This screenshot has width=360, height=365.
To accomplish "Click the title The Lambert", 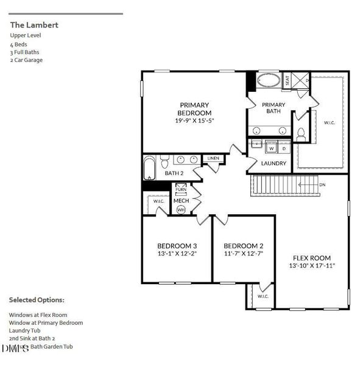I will [x=34, y=26].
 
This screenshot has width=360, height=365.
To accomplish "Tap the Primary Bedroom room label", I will [x=195, y=109].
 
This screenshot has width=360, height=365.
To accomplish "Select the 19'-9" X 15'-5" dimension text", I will [x=195, y=121].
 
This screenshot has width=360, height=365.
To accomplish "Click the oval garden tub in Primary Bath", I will [x=269, y=81].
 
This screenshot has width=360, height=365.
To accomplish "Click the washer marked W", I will [x=272, y=148].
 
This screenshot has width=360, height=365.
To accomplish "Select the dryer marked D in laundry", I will [x=283, y=148].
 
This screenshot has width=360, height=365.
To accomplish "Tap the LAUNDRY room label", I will [x=274, y=164].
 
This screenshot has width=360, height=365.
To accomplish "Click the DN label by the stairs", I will [x=322, y=185].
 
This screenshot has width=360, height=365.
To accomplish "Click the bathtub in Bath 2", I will [x=150, y=169].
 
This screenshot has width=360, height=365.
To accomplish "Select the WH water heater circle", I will [x=181, y=209].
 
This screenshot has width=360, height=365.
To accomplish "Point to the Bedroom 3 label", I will [x=177, y=246].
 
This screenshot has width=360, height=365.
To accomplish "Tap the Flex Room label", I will [x=311, y=257].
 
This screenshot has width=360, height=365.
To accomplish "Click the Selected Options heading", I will [x=36, y=300].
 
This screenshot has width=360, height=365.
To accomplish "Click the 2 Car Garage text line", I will [x=26, y=60].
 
